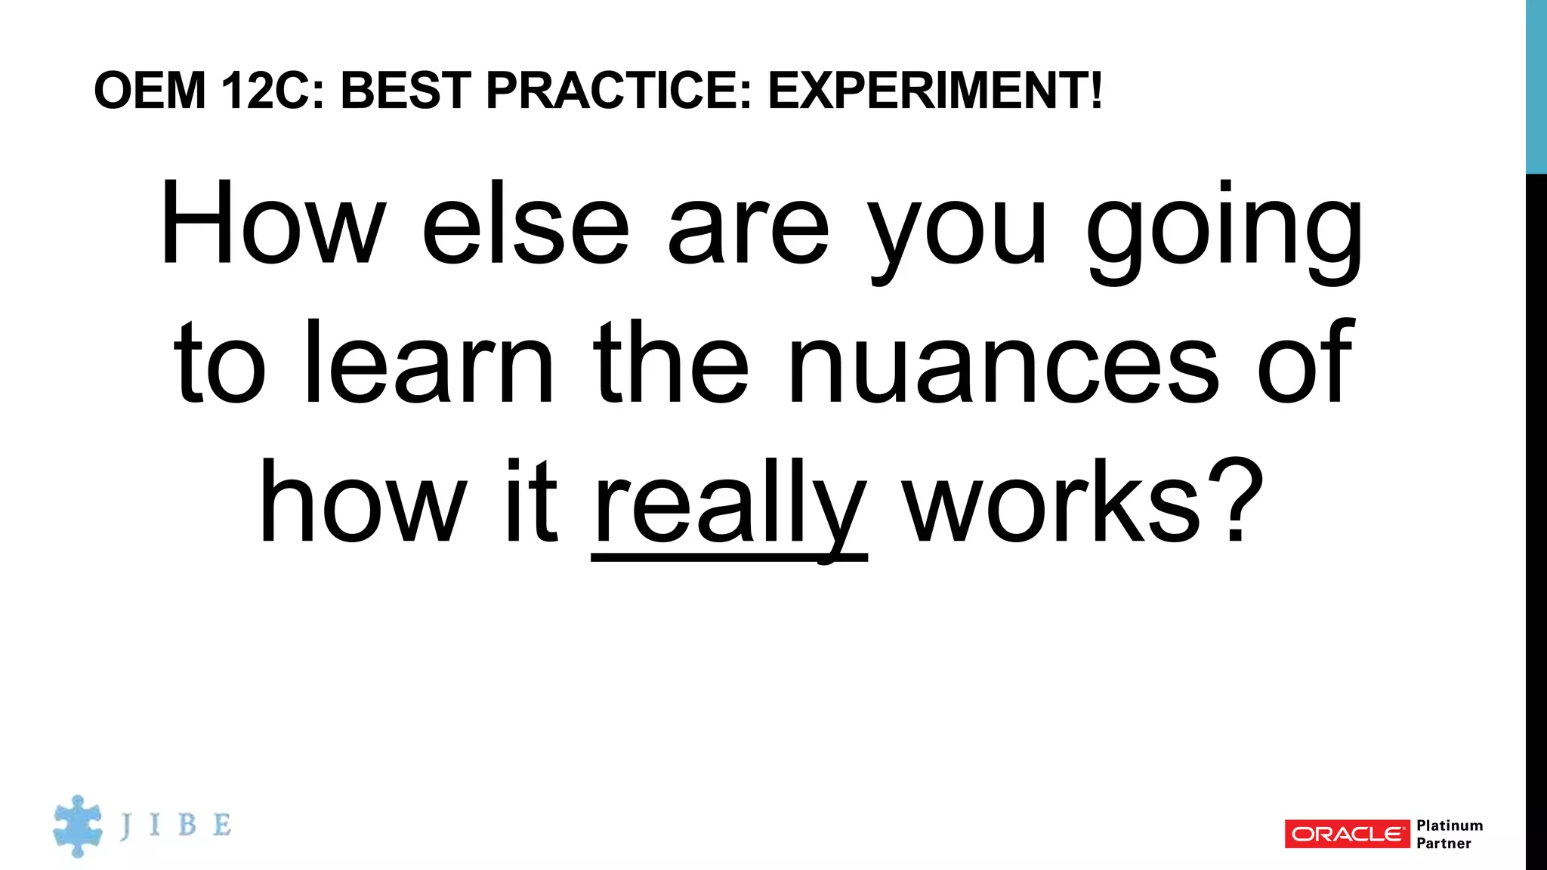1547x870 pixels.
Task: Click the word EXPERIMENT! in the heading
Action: point(935,91)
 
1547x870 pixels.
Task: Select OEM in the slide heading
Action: point(150,91)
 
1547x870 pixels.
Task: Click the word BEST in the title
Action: point(406,91)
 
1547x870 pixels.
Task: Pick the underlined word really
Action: point(730,504)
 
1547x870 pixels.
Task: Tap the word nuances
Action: point(1002,364)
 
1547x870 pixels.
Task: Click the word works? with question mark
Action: point(1085,502)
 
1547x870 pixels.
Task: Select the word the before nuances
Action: point(671,364)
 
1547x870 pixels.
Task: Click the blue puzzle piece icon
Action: point(77,826)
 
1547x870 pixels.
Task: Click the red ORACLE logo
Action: point(1347,834)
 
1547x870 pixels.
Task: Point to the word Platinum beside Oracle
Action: point(1450,825)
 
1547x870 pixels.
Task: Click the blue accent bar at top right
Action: point(1536,86)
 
